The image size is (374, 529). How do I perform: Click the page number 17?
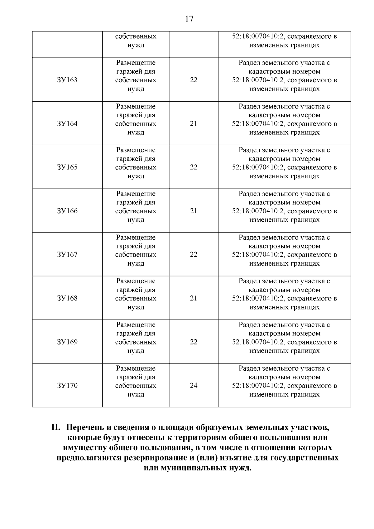click(189, 19)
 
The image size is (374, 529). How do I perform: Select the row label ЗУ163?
click(67, 80)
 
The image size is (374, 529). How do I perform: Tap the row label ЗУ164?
click(67, 124)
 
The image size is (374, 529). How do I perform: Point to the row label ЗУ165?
click(67, 167)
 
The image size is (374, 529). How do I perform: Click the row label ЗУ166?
click(67, 211)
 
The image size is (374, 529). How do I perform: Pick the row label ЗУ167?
click(67, 255)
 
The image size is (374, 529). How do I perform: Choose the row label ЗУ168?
click(67, 298)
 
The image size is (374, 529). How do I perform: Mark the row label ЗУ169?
click(67, 342)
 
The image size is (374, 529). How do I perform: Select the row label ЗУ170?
click(67, 386)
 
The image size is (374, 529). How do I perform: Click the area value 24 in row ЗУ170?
click(194, 386)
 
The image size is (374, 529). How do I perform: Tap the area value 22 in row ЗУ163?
click(194, 80)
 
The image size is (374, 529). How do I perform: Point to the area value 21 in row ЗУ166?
click(194, 211)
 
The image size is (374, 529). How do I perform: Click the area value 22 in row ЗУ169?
click(194, 342)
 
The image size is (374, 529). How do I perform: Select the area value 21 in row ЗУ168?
click(194, 298)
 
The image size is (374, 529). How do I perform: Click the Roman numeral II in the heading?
click(55, 427)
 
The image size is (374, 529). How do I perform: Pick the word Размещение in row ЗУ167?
click(136, 238)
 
